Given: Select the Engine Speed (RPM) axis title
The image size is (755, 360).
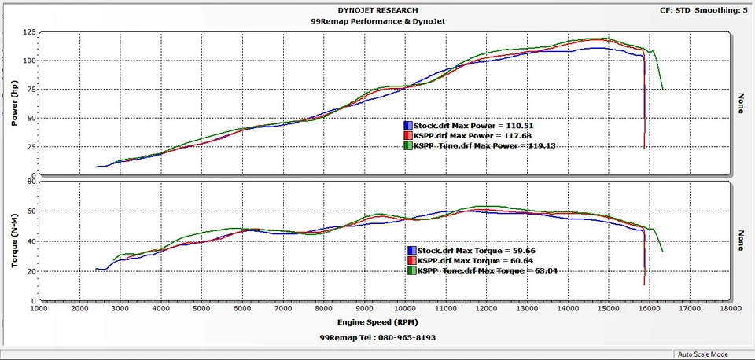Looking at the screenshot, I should pos(377,322).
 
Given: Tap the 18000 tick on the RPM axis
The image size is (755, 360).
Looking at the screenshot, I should pos(731,310).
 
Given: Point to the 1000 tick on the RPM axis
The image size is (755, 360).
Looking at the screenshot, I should pos(39,310).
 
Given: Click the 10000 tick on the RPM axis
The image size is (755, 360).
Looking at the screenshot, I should pos(406,310).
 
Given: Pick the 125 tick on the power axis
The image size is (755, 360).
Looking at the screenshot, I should pos(28,32).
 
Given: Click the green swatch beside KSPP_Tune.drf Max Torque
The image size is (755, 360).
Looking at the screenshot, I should pos(411,270).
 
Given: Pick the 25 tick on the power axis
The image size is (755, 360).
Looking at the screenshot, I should pos(30,147).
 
